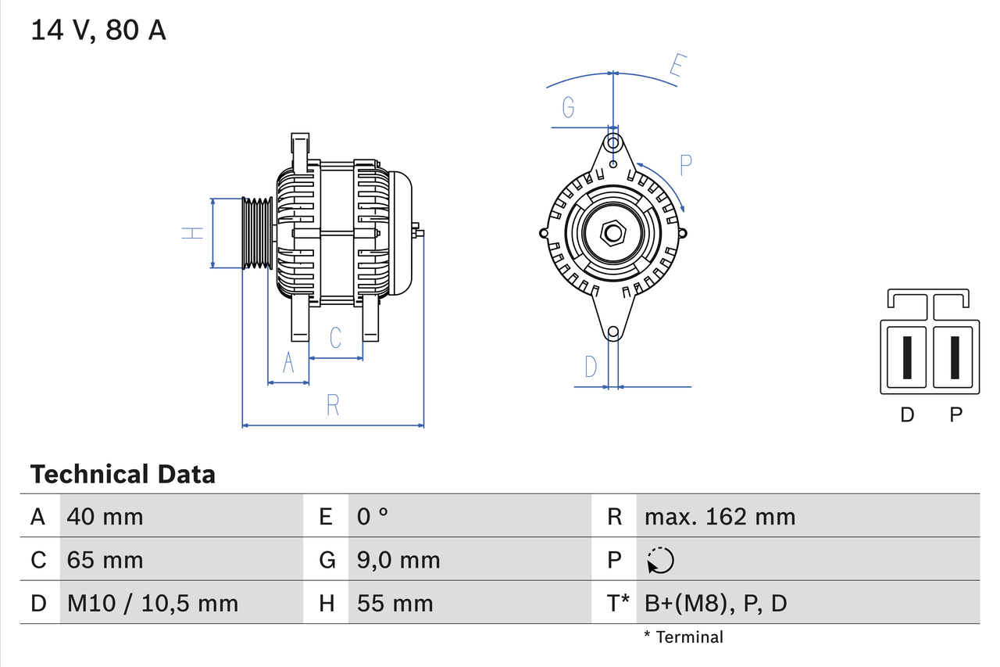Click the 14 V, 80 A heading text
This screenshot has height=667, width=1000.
[x=98, y=30]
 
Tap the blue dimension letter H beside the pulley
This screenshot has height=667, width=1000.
[x=192, y=233]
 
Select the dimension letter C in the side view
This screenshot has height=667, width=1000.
[x=335, y=338]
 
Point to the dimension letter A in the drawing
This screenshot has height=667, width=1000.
[x=288, y=363]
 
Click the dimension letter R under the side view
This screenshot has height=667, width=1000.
[x=333, y=405]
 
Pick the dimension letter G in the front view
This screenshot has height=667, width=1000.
[x=568, y=107]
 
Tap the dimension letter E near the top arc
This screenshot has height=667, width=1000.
[x=678, y=68]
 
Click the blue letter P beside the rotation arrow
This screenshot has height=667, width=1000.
[x=685, y=166]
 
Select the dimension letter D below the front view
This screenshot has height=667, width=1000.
[x=591, y=366]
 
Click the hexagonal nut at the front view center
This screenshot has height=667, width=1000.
[x=613, y=233]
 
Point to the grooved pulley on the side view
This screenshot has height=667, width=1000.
[x=256, y=233]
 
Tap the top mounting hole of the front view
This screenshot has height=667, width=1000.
[x=613, y=143]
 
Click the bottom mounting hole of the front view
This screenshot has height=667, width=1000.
[x=613, y=333]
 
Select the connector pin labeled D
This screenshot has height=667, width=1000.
[x=906, y=357]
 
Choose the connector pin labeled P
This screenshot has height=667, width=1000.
[x=955, y=357]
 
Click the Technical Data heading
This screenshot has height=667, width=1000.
[x=123, y=475]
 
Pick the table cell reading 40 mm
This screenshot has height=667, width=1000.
[x=105, y=516]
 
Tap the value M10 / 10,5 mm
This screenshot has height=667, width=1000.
[x=153, y=603]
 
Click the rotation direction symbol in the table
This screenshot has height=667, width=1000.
[x=660, y=560]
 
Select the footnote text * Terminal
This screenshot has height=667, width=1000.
[x=684, y=637]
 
